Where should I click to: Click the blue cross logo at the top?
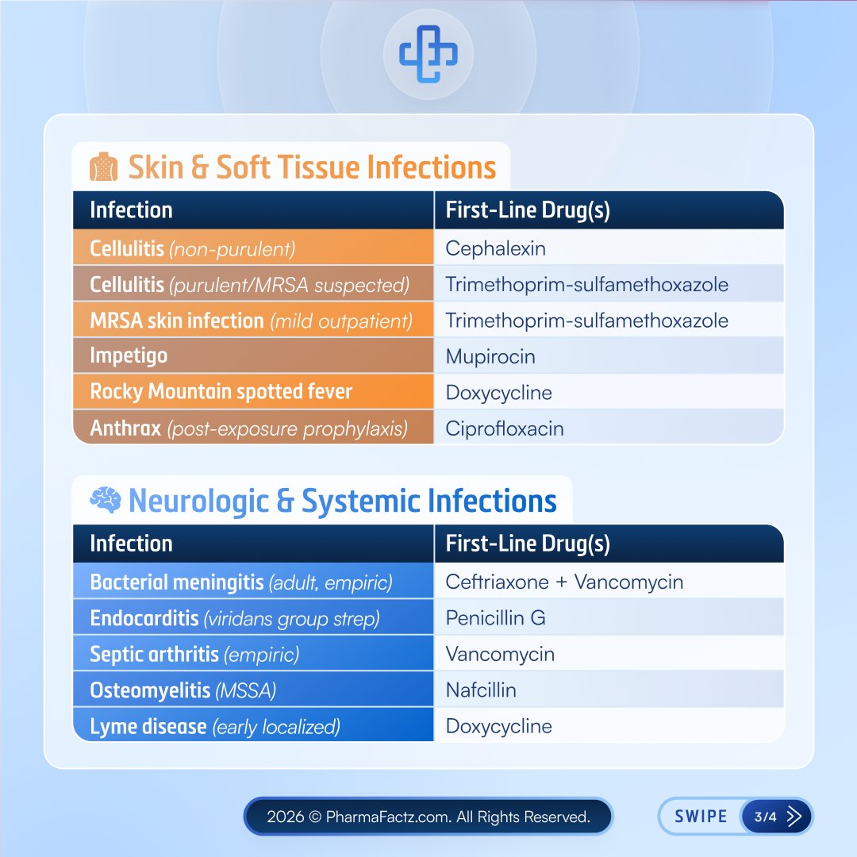coord(428,54)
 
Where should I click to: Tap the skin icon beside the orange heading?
coord(104,168)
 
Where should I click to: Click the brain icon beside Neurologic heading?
coord(105,501)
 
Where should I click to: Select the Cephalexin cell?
coord(495,248)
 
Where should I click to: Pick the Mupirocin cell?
coord(490,356)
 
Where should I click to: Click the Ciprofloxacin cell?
coord(505,428)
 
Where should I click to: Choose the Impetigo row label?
coord(129,355)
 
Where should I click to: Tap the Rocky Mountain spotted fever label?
coord(221,392)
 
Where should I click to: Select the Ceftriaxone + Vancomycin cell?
coord(564,582)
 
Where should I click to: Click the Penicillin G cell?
coord(495,618)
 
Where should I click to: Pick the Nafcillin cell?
coord(481,690)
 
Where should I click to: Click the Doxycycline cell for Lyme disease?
coord(498,726)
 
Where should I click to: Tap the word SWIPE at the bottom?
coord(700,817)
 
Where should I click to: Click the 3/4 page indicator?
coord(765,817)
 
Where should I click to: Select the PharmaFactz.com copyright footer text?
coord(428,817)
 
